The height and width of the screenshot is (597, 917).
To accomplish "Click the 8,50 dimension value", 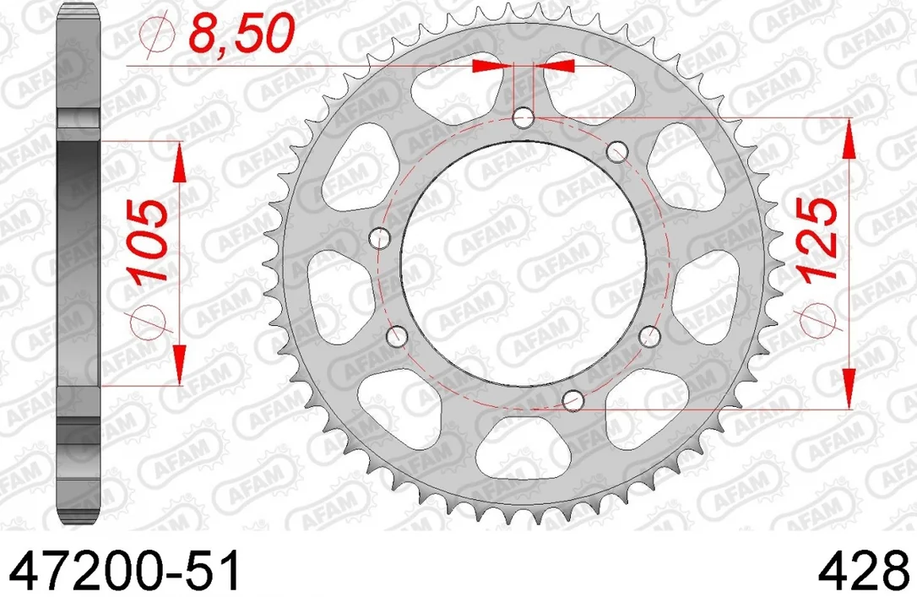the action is pyautogui.click(x=240, y=35).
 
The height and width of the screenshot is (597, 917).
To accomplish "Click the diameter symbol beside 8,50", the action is pyautogui.click(x=157, y=35).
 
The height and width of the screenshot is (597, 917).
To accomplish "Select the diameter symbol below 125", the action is pyautogui.click(x=816, y=321).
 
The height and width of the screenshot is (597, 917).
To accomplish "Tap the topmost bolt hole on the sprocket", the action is pyautogui.click(x=523, y=118).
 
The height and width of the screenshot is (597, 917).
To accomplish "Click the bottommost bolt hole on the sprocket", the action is pyautogui.click(x=572, y=400).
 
